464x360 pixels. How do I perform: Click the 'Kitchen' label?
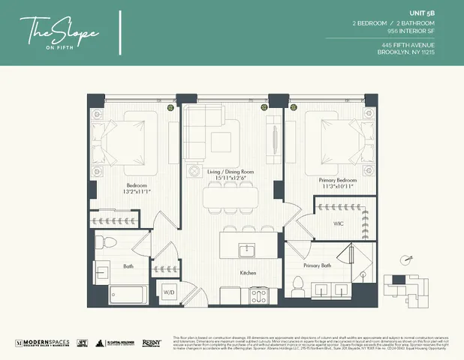(249, 274)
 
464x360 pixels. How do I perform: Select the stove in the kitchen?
(259, 295)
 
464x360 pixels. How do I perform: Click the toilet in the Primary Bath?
(298, 285)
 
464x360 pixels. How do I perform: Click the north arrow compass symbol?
(408, 259)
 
